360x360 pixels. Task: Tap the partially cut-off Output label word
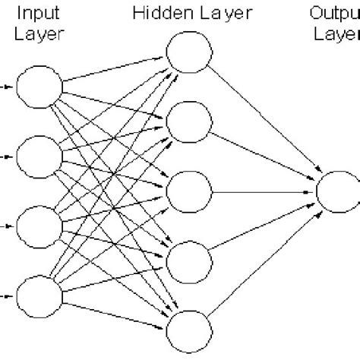pos(334,12)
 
